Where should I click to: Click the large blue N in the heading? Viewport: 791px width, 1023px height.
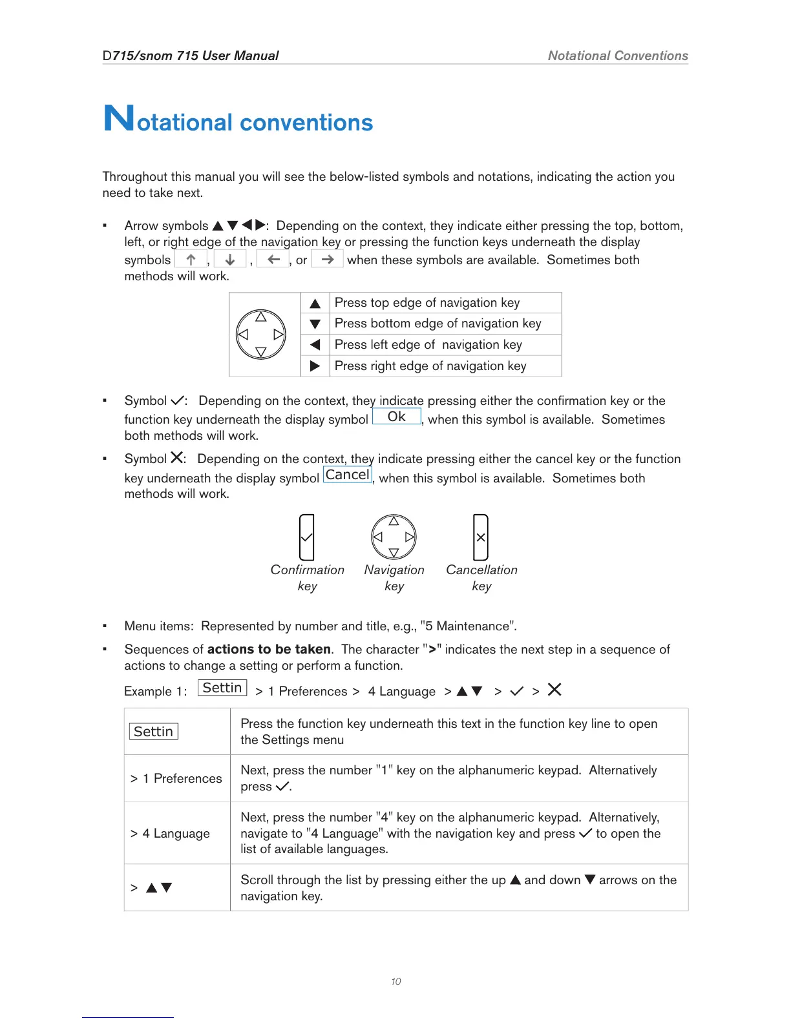pos(119,118)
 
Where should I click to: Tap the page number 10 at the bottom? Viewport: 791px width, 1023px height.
pos(395,982)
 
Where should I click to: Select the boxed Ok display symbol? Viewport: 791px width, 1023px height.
pos(397,417)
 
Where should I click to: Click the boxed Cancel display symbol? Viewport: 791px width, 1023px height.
pos(348,475)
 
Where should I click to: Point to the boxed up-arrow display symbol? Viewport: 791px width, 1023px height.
pos(191,260)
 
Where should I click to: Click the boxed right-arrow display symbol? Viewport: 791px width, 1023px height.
pos(328,260)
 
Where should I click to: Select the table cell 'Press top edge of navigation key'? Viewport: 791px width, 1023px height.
pos(427,303)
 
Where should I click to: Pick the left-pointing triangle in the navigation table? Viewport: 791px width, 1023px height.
pos(315,345)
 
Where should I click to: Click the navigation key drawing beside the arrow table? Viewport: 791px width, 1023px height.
pos(261,335)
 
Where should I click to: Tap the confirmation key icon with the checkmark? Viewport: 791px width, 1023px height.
pos(307,537)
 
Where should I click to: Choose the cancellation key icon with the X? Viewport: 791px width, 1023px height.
pos(481,537)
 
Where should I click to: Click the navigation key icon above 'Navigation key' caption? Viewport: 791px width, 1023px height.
pos(394,537)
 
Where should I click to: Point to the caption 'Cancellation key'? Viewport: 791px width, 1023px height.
pos(481,577)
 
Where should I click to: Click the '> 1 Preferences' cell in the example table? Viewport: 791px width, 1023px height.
pos(176,778)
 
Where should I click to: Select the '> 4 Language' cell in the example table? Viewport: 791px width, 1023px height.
pos(170,833)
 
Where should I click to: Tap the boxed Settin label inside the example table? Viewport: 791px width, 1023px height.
pos(154,732)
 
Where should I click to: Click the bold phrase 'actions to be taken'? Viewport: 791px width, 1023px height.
pos(269,649)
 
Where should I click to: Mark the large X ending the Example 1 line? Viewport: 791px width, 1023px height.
pos(554,690)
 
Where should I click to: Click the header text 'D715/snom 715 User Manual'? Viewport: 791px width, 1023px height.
pos(191,56)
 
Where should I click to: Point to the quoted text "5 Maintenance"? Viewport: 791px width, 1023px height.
pos(468,626)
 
